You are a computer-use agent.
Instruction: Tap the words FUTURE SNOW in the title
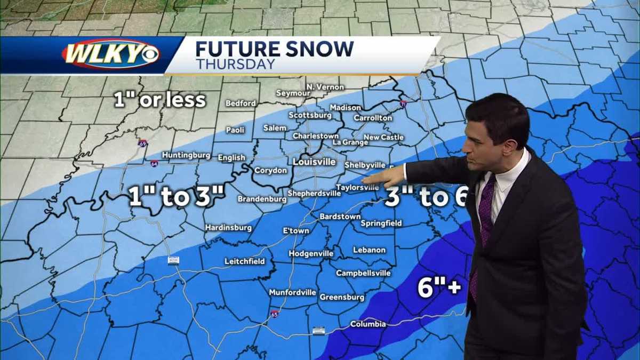pyautogui.click(x=274, y=49)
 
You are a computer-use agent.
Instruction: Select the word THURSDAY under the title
pyautogui.click(x=235, y=65)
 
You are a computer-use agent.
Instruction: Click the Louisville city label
pyautogui.click(x=314, y=162)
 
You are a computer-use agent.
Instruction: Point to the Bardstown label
pyautogui.click(x=340, y=217)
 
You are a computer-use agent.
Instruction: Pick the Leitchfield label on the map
pyautogui.click(x=249, y=261)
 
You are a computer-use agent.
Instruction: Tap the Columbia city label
pyautogui.click(x=367, y=324)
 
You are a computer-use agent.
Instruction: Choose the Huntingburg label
pyautogui.click(x=186, y=155)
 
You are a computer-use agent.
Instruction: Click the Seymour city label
pyautogui.click(x=293, y=93)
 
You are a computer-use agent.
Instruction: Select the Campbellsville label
pyautogui.click(x=363, y=273)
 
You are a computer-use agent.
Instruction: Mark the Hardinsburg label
pyautogui.click(x=228, y=228)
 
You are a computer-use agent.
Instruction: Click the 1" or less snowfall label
pyautogui.click(x=160, y=100)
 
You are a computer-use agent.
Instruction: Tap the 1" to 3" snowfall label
pyautogui.click(x=177, y=197)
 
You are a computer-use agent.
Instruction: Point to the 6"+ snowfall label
pyautogui.click(x=438, y=289)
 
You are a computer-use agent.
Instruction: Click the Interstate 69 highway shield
pyautogui.click(x=142, y=143)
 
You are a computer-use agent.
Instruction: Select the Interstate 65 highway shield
pyautogui.click(x=274, y=314)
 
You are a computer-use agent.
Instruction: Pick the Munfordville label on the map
pyautogui.click(x=292, y=293)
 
